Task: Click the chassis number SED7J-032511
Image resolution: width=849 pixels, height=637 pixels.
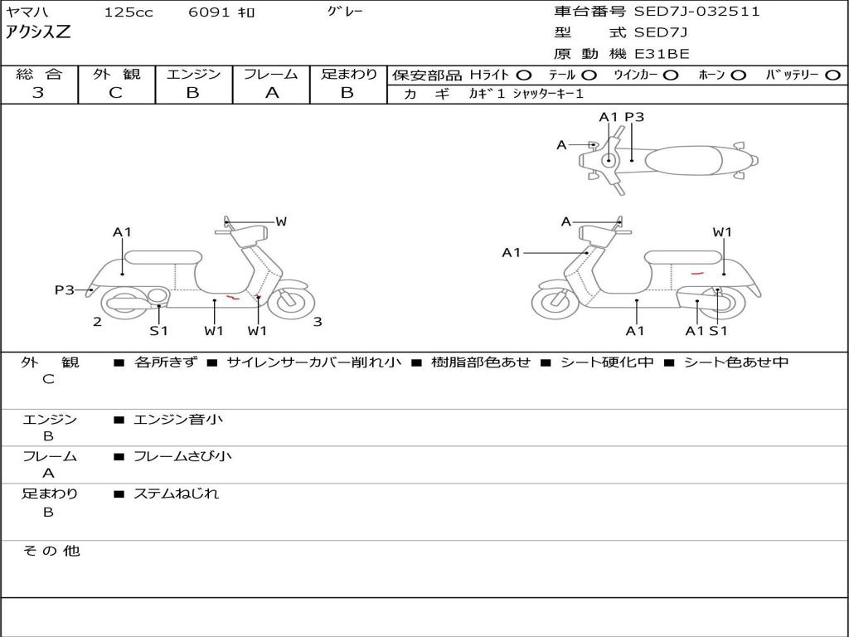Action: tap(696, 12)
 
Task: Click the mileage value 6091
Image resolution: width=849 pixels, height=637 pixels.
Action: tap(206, 12)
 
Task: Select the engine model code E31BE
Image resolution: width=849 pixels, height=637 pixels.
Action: tap(662, 54)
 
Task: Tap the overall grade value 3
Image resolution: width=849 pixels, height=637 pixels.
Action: tap(38, 93)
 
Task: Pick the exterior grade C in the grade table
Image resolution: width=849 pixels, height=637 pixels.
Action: tap(115, 93)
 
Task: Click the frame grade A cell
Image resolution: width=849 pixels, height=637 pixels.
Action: tap(271, 93)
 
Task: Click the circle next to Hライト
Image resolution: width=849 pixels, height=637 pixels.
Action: tap(523, 75)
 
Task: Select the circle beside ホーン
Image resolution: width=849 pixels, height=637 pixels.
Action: tap(738, 75)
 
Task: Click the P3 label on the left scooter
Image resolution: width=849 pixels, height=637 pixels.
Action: tap(65, 289)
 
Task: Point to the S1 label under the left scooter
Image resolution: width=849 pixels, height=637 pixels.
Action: tap(158, 331)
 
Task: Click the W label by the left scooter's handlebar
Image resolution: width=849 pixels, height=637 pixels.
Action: tap(281, 221)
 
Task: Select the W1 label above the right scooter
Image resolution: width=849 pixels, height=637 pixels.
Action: tap(722, 232)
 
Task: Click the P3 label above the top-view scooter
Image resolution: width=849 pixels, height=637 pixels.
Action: tap(634, 117)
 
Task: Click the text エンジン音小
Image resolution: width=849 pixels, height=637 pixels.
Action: tap(178, 420)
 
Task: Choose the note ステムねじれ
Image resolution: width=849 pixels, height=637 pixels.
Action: tap(177, 494)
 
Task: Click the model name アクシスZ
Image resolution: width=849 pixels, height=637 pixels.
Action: tap(39, 32)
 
